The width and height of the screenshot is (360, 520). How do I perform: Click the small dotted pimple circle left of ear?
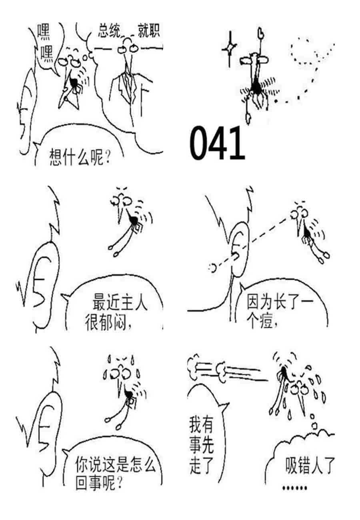pos(213,268)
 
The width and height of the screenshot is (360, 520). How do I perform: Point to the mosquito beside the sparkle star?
pos(255,77)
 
